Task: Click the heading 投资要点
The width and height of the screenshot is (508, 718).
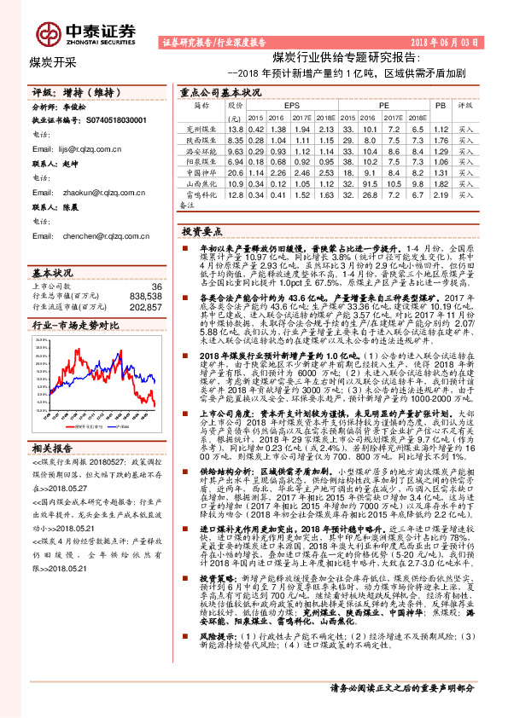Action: point(201,231)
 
